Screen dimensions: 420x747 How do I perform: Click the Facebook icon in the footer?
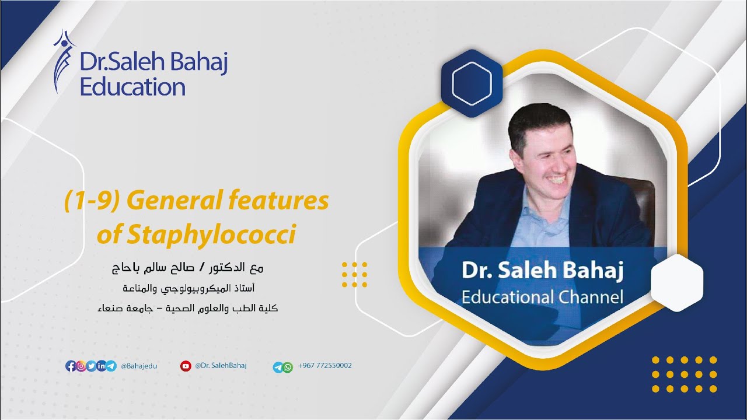click(x=71, y=366)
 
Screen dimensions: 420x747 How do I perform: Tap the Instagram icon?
click(x=81, y=366)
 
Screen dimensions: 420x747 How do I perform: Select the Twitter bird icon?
click(x=91, y=366)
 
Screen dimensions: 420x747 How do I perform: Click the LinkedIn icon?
click(x=101, y=366)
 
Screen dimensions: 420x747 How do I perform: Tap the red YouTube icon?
click(x=186, y=366)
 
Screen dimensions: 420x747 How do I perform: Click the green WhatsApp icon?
click(x=287, y=367)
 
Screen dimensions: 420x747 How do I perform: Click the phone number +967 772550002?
click(x=324, y=366)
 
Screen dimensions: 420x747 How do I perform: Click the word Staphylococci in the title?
click(x=196, y=235)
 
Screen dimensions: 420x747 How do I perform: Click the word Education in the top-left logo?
click(x=132, y=87)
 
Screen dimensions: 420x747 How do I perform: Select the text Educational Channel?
click(x=542, y=296)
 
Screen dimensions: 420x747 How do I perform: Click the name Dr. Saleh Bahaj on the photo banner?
click(x=542, y=271)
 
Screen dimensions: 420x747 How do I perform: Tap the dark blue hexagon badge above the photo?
click(x=472, y=83)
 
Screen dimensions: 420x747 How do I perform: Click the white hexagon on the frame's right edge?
click(x=676, y=282)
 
